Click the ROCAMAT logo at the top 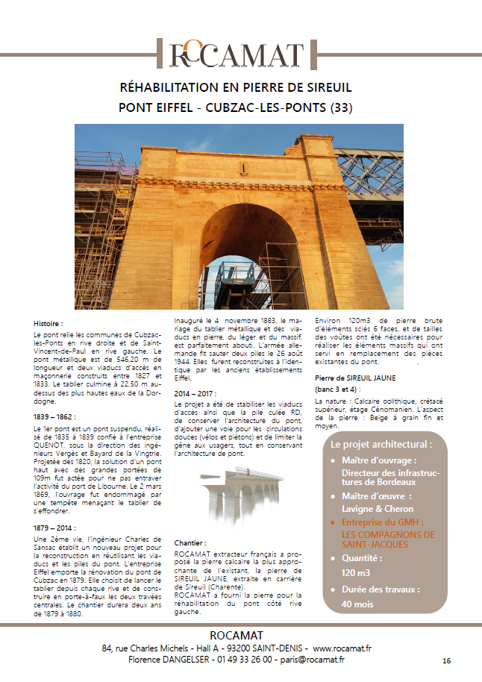(x=237, y=54)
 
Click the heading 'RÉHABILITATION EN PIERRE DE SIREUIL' (x=236, y=88)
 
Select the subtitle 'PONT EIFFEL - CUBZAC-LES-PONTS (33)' (x=236, y=107)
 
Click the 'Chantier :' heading (x=190, y=542)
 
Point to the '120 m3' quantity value (x=357, y=572)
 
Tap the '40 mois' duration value (x=357, y=604)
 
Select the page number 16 (x=446, y=661)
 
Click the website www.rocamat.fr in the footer (x=342, y=648)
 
